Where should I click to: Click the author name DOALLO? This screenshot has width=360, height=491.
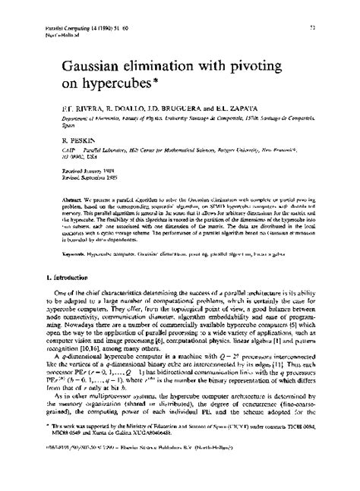coord(117,118)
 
